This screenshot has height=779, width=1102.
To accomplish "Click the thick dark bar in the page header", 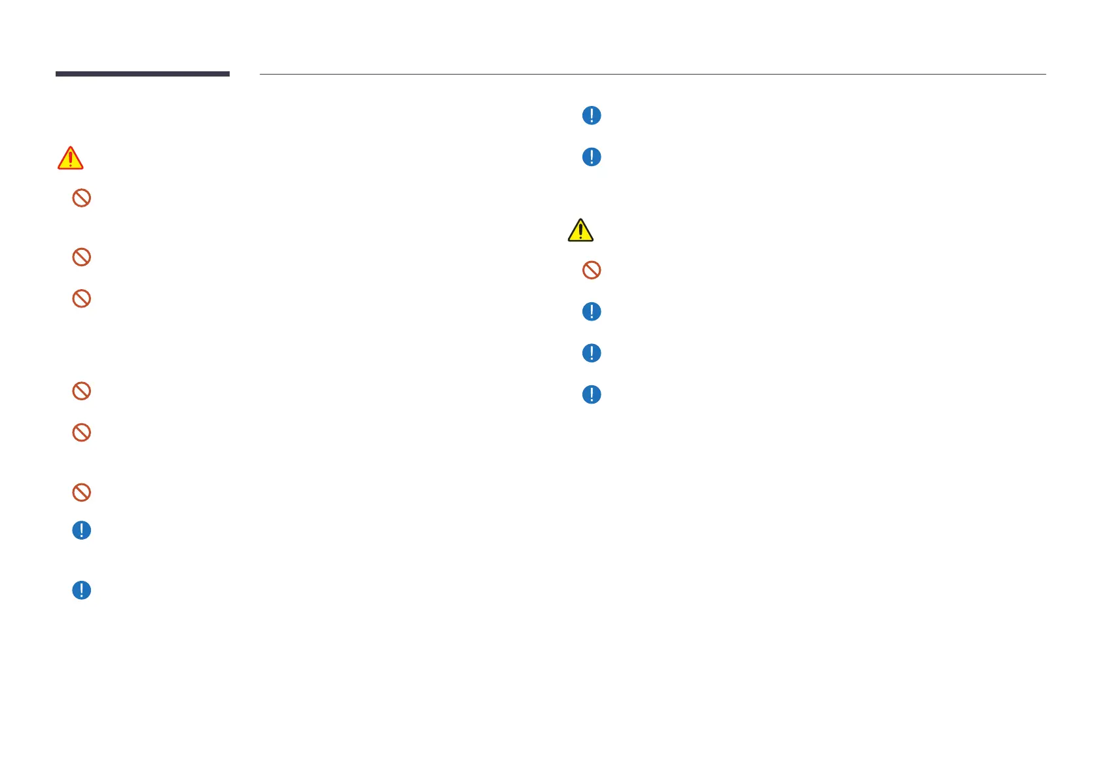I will click(142, 74).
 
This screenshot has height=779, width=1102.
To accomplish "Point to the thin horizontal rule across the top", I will click(652, 74).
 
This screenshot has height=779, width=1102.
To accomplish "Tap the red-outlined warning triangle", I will click(71, 158).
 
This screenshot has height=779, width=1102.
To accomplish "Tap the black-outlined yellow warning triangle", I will click(580, 230).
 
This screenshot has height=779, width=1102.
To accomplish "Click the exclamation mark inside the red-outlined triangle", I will click(71, 160).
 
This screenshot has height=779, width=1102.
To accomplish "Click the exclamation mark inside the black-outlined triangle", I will click(580, 232).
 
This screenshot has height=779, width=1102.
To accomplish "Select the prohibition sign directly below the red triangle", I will click(81, 198).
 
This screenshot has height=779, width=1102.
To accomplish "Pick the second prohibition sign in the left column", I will click(81, 257).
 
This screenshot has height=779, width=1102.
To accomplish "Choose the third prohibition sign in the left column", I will click(81, 299).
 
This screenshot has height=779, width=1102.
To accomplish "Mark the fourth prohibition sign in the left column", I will click(81, 391).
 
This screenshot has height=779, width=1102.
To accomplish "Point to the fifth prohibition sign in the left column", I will click(81, 432).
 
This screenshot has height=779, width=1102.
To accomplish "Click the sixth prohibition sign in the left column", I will click(81, 492).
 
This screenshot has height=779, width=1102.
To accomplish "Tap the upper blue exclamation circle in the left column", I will click(81, 530).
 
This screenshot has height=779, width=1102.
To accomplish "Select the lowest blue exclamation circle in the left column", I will click(81, 590).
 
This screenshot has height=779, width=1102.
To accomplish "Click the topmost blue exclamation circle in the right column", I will click(592, 116).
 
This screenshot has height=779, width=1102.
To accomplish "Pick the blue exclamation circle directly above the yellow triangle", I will click(592, 157).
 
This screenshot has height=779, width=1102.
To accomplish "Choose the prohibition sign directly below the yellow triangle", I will click(592, 270).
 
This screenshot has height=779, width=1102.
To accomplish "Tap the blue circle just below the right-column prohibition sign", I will click(592, 311).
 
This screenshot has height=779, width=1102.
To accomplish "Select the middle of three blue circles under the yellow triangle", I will click(592, 353).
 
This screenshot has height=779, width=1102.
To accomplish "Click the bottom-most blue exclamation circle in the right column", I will click(592, 394).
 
